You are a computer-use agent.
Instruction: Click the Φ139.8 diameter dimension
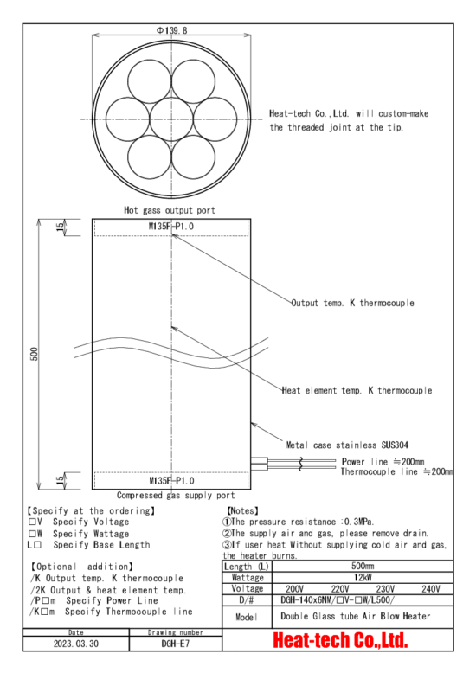pyautogui.click(x=172, y=30)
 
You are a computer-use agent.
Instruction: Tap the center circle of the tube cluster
pyautogui.click(x=171, y=119)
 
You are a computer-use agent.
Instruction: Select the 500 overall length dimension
pyautogui.click(x=35, y=354)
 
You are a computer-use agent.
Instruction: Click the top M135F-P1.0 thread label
pyautogui.click(x=171, y=226)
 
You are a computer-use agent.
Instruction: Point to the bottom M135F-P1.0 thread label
pyautogui.click(x=171, y=480)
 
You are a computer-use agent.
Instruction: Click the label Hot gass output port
pyautogui.click(x=170, y=210)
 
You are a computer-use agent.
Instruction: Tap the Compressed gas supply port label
pyautogui.click(x=176, y=496)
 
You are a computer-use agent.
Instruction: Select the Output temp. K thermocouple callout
pyautogui.click(x=353, y=303)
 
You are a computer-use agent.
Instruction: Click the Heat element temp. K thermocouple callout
pyautogui.click(x=357, y=391)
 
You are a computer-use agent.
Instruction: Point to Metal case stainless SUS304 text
pyautogui.click(x=347, y=445)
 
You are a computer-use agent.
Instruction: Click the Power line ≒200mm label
pyautogui.click(x=383, y=462)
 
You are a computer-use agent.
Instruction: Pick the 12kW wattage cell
pyautogui.click(x=363, y=577)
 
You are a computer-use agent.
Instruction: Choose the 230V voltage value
pyautogui.click(x=385, y=589)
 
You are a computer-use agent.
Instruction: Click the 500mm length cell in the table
pyautogui.click(x=363, y=566)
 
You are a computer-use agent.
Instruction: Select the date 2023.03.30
pyautogui.click(x=75, y=644)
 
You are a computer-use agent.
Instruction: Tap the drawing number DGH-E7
pyautogui.click(x=176, y=644)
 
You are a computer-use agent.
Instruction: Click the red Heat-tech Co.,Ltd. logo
pyautogui.click(x=340, y=640)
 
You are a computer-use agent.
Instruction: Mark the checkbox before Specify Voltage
pyautogui.click(x=32, y=522)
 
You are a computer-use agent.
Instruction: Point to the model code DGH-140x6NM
pyautogui.click(x=307, y=600)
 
